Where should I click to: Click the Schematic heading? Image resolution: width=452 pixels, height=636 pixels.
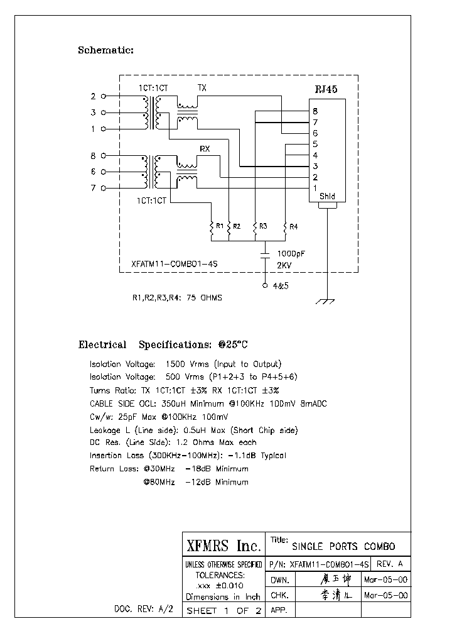105,50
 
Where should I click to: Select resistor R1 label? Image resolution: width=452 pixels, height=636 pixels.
219,225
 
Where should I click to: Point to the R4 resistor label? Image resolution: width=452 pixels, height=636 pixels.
294,226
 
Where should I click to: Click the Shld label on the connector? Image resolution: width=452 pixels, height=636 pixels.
327,196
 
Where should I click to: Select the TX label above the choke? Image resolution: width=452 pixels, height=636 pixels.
202,87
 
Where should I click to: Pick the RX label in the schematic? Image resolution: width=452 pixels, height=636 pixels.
205,148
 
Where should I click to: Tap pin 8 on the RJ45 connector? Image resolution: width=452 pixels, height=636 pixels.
315,111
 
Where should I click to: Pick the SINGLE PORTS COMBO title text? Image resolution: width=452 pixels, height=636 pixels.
343,547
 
